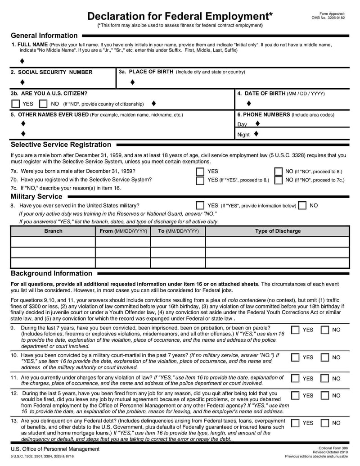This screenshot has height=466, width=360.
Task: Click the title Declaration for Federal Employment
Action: (180, 16)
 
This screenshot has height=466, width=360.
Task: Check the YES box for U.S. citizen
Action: (16, 104)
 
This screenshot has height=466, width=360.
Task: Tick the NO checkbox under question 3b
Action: (43, 104)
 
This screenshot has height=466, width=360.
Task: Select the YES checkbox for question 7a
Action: (200, 172)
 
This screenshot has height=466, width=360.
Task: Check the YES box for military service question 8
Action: (200, 205)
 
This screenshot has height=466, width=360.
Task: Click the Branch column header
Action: (53, 231)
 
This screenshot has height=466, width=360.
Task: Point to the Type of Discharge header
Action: (278, 231)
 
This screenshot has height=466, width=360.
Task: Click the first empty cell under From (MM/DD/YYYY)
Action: (122, 242)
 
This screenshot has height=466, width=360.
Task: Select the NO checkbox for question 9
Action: (324, 330)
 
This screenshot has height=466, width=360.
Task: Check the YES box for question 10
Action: (295, 357)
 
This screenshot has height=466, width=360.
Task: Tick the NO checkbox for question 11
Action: (324, 379)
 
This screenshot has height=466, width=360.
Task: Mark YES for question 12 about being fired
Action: (295, 396)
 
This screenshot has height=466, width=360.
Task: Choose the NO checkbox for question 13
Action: (324, 423)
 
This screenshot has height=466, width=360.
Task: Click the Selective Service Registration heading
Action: (61, 145)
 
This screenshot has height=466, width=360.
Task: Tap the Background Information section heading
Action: (51, 273)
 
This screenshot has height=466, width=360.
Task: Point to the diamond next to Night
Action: (256, 134)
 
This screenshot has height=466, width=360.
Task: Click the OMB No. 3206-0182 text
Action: (328, 18)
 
